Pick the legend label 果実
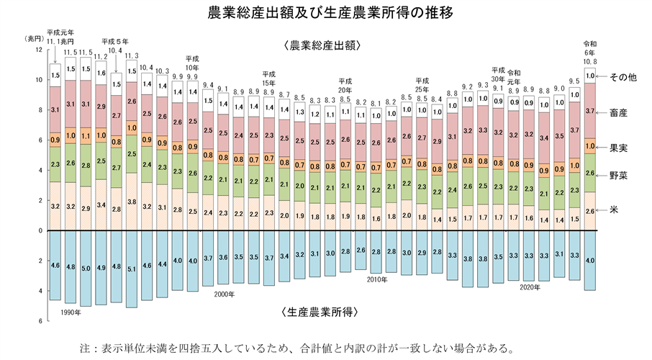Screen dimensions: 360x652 618,146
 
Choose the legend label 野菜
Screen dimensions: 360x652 618,174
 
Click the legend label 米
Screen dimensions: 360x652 613,209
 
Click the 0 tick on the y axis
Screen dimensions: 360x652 40,231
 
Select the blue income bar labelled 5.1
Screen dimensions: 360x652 132,266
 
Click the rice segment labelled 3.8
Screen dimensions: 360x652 132,202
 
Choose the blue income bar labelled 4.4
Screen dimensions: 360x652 162,264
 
